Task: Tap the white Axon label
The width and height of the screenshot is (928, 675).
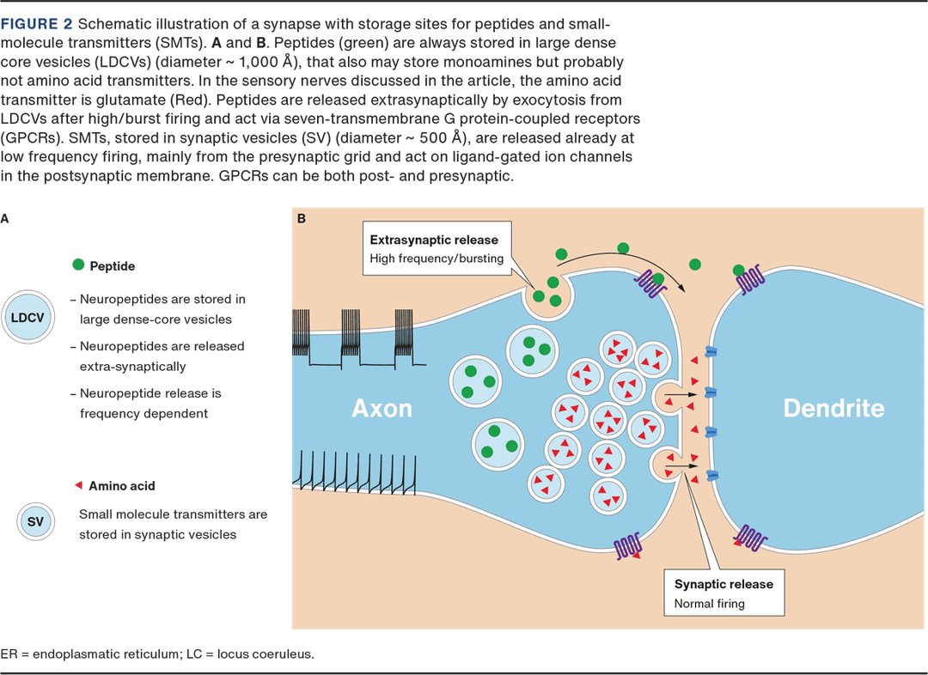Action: (x=382, y=408)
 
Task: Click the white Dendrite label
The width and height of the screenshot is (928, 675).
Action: (x=833, y=408)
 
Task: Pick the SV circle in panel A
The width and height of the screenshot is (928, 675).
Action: (x=36, y=521)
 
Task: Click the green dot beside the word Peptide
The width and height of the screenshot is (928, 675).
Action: (x=77, y=266)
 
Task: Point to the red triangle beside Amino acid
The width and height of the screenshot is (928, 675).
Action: (x=78, y=485)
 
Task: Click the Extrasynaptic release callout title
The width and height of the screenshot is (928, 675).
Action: (x=433, y=240)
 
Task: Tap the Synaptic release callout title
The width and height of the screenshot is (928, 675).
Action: (x=723, y=584)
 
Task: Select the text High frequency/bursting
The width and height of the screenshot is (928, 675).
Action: (x=437, y=258)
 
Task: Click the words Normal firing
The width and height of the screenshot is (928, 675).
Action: (x=709, y=604)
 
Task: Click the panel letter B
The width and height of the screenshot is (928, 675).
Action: (x=302, y=219)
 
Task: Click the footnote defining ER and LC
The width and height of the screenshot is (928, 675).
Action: (x=157, y=654)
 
